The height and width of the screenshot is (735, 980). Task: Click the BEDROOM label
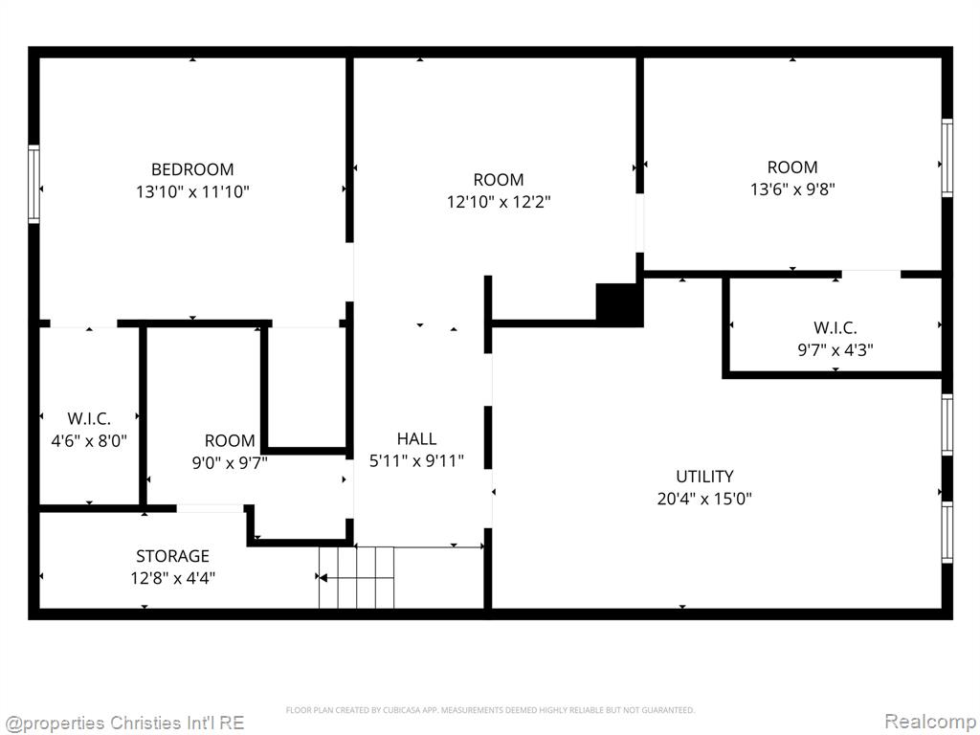coord(192,169)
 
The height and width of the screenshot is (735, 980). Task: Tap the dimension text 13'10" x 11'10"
coord(192,191)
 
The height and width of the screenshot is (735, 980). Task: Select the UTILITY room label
coord(704,477)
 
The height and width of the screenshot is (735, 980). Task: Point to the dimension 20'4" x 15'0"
coord(704,499)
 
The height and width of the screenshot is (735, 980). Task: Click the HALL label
coord(416,438)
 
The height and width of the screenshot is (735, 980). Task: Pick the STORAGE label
coord(172,556)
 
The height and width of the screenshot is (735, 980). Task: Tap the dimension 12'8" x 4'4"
coord(172,578)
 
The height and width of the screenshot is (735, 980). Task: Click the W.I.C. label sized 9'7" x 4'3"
coord(835,327)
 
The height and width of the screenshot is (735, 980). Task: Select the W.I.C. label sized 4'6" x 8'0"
coord(89,419)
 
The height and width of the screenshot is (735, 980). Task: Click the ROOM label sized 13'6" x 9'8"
coord(792,167)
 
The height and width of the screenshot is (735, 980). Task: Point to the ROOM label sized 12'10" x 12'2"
coord(498,180)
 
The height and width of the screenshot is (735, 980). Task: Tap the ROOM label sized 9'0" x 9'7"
coord(230,440)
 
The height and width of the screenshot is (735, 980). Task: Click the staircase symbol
coord(356,577)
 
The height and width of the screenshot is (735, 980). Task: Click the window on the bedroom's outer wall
coord(33,185)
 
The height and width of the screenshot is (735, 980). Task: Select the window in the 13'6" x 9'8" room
coord(947,158)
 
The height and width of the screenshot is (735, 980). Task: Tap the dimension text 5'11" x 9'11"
coord(416,461)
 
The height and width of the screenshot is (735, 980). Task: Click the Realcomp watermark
coord(928,722)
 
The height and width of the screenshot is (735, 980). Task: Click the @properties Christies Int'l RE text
coord(123,724)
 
